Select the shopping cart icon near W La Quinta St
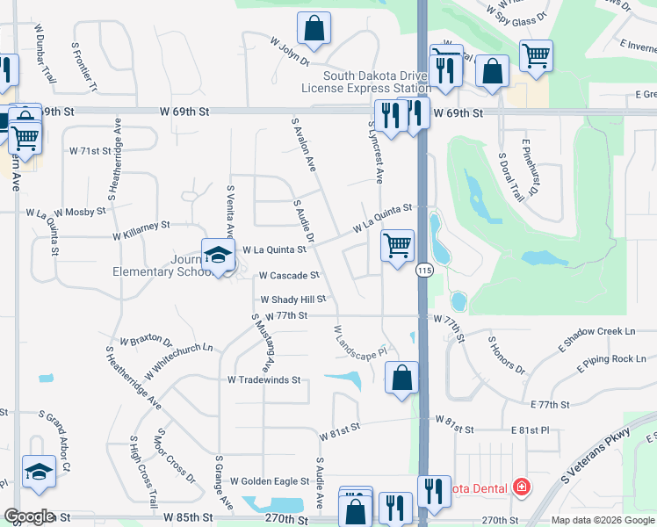398,245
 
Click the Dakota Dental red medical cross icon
521,486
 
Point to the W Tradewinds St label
264,380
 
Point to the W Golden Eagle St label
270,481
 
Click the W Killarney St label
141,231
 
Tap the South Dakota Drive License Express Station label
365,82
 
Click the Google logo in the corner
30,516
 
